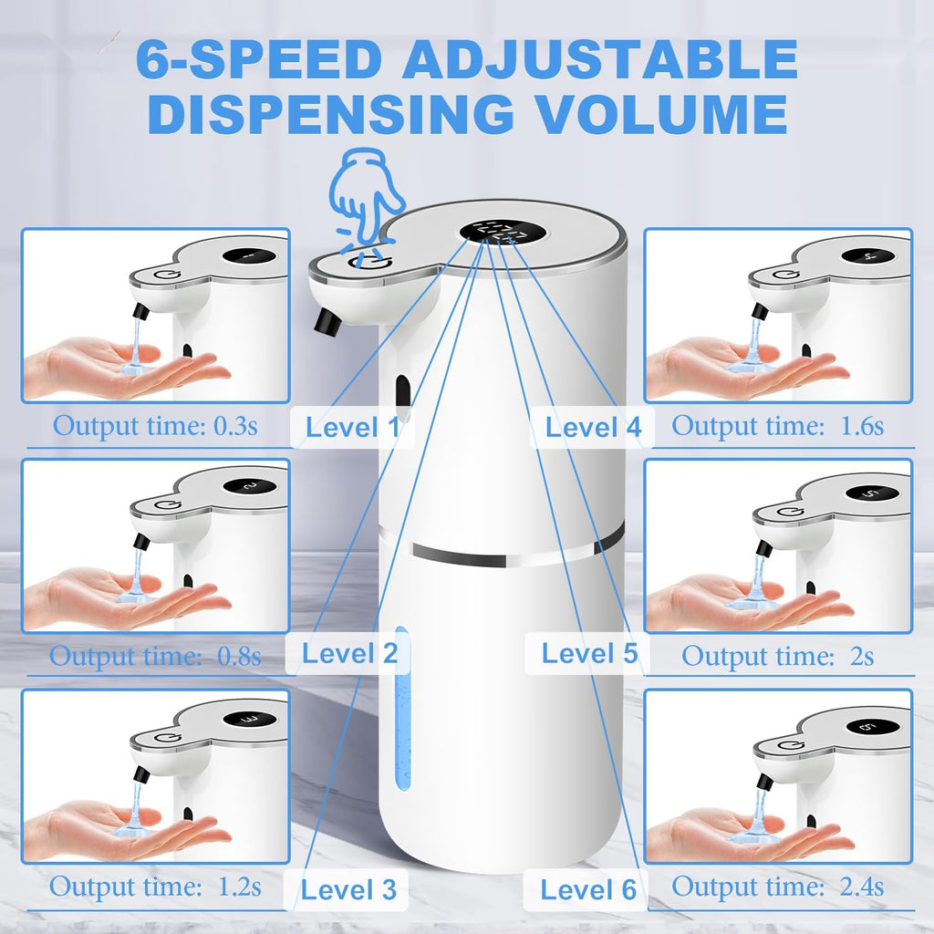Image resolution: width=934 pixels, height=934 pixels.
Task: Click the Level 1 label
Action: coord(352,427)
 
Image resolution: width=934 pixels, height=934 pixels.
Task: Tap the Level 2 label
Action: coord(349,653)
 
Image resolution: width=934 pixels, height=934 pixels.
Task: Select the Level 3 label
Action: coord(349,889)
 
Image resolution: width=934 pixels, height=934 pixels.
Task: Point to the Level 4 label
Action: coord(593,426)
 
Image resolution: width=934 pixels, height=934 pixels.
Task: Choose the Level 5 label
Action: coord(589,653)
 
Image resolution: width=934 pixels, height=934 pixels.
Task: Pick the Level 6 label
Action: coord(588,889)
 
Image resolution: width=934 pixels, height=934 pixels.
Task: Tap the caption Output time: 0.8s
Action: coord(155,655)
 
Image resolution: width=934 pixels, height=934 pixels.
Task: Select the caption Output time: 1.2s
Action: coord(155,886)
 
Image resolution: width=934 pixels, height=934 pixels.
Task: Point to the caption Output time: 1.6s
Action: coord(777,425)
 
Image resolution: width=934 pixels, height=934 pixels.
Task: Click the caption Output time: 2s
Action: coord(777,656)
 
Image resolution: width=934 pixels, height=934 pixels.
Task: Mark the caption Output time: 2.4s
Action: coord(777,886)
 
